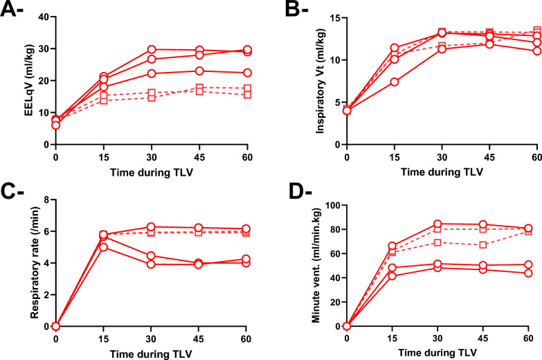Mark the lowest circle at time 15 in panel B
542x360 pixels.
[394, 82]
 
